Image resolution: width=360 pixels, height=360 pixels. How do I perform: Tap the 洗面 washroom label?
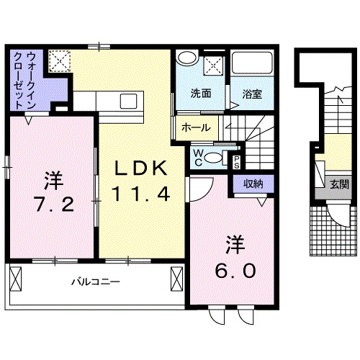200,94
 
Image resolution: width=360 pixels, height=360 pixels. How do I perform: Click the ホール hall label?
196,127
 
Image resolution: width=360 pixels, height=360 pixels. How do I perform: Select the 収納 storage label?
251,184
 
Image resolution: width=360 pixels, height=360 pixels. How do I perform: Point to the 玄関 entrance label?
339,184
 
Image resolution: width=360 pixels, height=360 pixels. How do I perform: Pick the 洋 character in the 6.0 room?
235,245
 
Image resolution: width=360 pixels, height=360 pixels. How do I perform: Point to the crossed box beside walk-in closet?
60,61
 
